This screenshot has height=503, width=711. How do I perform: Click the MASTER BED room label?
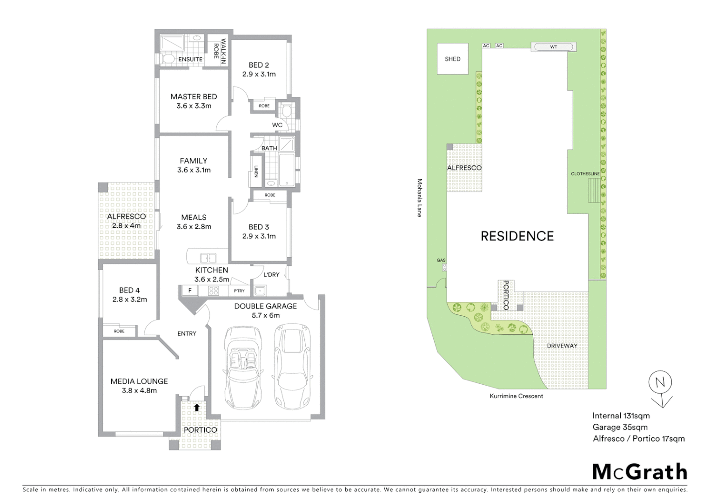click(194, 97)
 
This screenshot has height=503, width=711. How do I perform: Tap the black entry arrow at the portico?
click(197, 408)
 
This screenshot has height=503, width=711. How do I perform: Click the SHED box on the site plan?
click(452, 59)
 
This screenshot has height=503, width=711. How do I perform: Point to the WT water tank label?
click(553, 47)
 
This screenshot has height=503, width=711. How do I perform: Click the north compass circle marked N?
click(660, 382)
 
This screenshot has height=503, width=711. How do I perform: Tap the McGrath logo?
click(639, 472)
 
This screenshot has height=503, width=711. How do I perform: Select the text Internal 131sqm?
click(621, 416)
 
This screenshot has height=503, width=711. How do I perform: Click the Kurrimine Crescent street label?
click(516, 396)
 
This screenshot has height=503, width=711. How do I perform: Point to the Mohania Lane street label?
click(419, 198)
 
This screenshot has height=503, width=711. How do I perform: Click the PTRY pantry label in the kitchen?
click(239, 291)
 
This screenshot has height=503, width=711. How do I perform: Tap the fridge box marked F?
click(190, 291)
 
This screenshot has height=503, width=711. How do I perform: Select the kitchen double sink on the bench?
click(208, 258)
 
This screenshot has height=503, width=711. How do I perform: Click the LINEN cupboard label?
click(256, 171)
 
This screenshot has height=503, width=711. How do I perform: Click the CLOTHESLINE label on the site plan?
click(585, 174)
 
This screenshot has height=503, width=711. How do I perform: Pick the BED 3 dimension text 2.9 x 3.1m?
click(259, 236)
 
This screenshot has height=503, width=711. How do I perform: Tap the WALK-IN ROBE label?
click(219, 51)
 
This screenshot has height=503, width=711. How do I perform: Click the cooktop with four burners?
click(213, 291)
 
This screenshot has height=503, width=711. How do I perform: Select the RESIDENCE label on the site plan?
click(517, 236)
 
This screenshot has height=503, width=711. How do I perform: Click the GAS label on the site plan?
click(441, 260)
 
